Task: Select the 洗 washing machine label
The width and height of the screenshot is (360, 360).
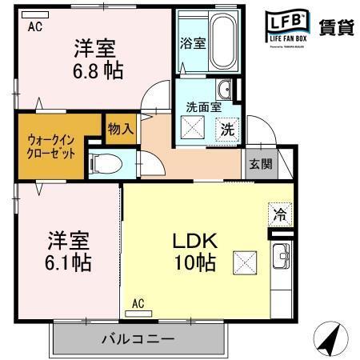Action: click(x=227, y=127)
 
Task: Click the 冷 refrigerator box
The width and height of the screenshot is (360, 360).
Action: click(x=280, y=214)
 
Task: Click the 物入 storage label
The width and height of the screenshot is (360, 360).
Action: click(x=120, y=129)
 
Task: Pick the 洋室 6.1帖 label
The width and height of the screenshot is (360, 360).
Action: click(x=67, y=250)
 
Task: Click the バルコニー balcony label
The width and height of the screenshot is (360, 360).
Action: click(x=138, y=338)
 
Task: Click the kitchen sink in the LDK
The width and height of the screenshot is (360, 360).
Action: click(x=281, y=258)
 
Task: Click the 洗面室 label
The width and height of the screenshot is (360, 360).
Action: click(x=204, y=106)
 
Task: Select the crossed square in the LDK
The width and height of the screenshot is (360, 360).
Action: click(x=244, y=262)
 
